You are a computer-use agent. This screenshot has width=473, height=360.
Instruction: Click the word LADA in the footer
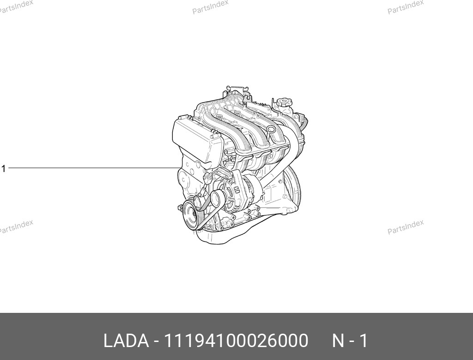pyautogui.click(x=126, y=341)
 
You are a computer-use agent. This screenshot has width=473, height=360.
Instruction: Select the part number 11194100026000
pyautogui.click(x=236, y=341)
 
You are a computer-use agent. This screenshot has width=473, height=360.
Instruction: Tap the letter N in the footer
pyautogui.click(x=338, y=341)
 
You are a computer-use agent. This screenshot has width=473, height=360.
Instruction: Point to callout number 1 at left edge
pyautogui.click(x=3, y=169)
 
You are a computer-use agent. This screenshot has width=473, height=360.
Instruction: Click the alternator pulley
pyautogui.click(x=216, y=199)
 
